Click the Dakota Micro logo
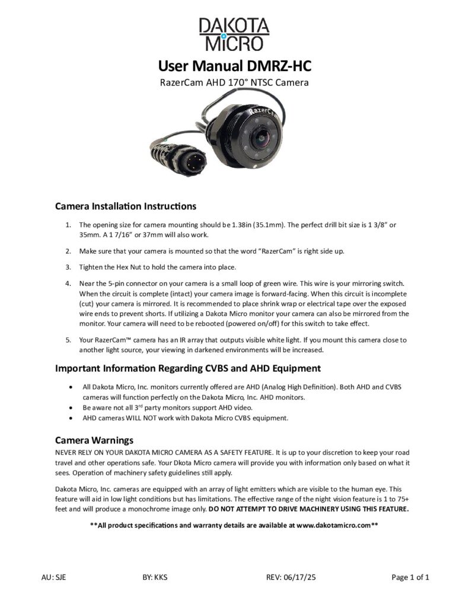pyautogui.click(x=234, y=33)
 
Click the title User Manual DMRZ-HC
pyautogui.click(x=234, y=65)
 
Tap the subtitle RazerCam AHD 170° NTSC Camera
pyautogui.click(x=234, y=82)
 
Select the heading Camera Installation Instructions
pyautogui.click(x=125, y=206)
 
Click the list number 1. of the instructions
pyautogui.click(x=68, y=225)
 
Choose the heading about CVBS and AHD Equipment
pyautogui.click(x=188, y=368)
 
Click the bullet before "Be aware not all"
pyautogui.click(x=71, y=408)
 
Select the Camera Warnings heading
pyautogui.click(x=94, y=440)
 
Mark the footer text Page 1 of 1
pyautogui.click(x=410, y=577)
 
